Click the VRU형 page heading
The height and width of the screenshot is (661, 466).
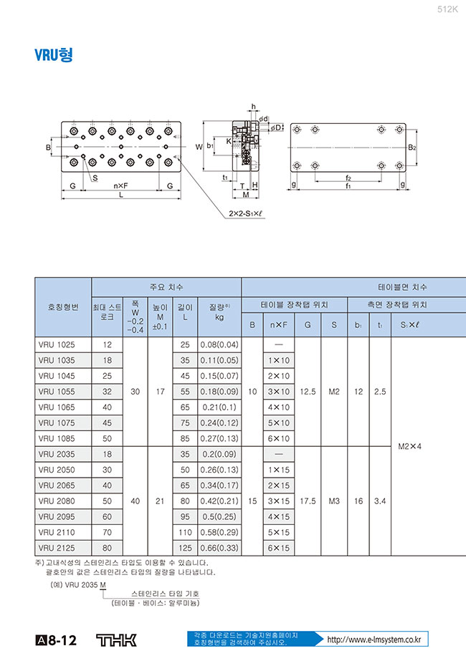pyautogui.click(x=54, y=56)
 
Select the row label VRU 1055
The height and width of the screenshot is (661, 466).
pyautogui.click(x=63, y=391)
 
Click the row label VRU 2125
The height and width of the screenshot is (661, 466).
pyautogui.click(x=63, y=548)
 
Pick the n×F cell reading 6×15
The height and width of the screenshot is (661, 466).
pyautogui.click(x=279, y=548)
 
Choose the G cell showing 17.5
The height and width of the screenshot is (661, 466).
pyautogui.click(x=308, y=501)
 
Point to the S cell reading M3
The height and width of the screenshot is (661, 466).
pyautogui.click(x=334, y=501)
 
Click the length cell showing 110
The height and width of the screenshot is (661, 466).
pyautogui.click(x=185, y=532)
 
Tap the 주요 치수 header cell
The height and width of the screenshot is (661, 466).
pyautogui.click(x=166, y=286)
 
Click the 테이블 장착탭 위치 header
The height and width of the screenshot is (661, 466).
pyautogui.click(x=295, y=304)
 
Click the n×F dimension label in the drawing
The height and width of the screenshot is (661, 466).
pyautogui.click(x=120, y=184)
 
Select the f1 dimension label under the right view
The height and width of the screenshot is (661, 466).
pyautogui.click(x=348, y=185)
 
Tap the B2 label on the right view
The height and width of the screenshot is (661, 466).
pyautogui.click(x=412, y=148)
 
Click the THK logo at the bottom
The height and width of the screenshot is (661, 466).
pyautogui.click(x=115, y=640)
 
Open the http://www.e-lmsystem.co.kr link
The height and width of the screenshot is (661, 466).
pyautogui.click(x=373, y=640)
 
